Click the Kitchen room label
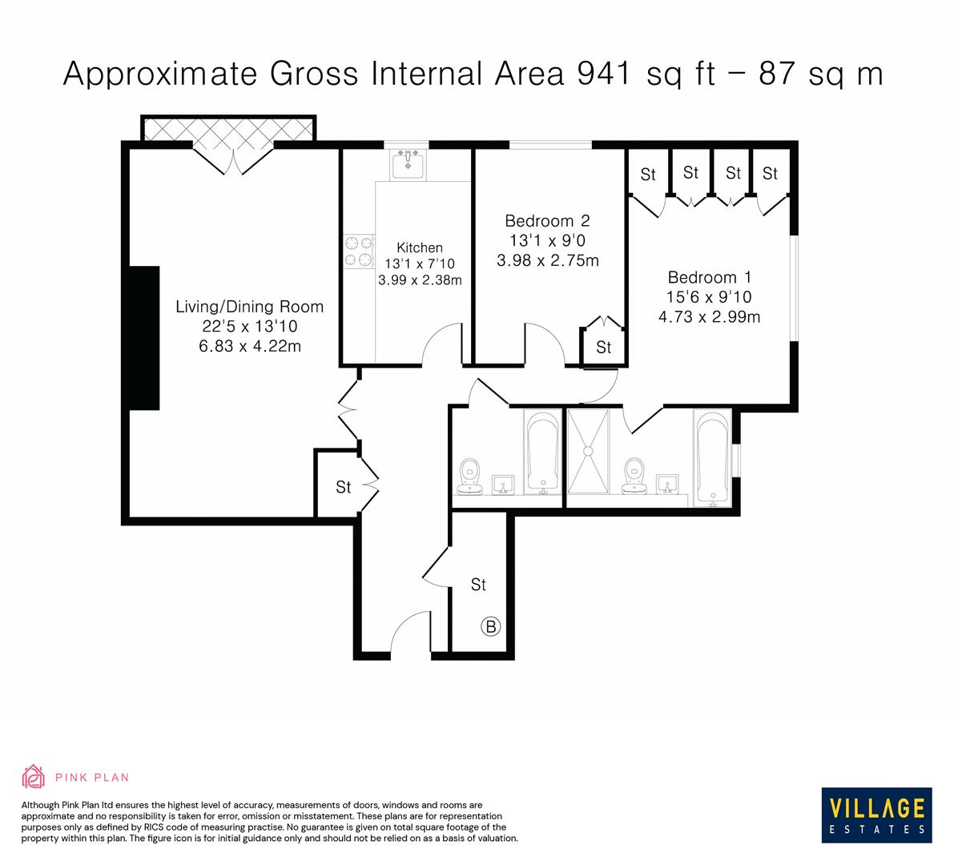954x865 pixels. [419, 248]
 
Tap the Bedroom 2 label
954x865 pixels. [547, 221]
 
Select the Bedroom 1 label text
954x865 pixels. [709, 278]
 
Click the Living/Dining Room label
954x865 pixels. [249, 307]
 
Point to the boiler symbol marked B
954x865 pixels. [490, 626]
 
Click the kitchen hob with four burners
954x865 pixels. [358, 251]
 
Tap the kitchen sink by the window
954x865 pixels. [409, 166]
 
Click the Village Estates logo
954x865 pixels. [876, 814]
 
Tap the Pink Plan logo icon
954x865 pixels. [34, 776]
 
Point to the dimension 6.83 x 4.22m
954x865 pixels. [249, 345]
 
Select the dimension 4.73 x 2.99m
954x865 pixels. [709, 316]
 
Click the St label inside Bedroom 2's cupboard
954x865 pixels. [603, 348]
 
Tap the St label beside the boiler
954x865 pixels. [478, 585]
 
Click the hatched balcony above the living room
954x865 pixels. [228, 128]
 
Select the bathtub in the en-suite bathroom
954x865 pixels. [712, 459]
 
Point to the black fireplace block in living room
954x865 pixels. [145, 338]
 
